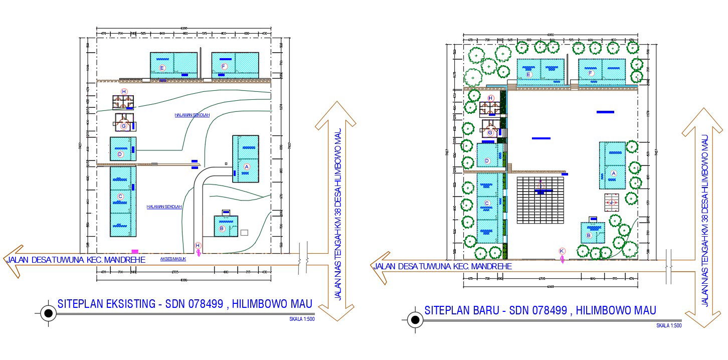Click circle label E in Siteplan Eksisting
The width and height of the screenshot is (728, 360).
[x=162, y=67]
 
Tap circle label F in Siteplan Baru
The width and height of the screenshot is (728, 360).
[x=591, y=73]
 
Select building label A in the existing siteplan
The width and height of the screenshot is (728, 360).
[x=246, y=166]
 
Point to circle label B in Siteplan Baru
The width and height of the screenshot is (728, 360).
[x=589, y=235]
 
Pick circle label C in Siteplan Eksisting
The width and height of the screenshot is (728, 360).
[x=120, y=196]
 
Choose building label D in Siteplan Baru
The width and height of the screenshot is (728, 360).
[x=487, y=161]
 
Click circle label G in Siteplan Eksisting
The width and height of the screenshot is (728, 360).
[x=123, y=126]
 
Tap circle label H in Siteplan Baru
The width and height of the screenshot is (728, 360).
[x=491, y=98]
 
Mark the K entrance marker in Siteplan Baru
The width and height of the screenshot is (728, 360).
[x=562, y=251]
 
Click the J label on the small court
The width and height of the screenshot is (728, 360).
[x=611, y=202]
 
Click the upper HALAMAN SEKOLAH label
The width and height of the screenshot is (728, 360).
[x=192, y=115]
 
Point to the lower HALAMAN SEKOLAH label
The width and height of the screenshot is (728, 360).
[x=164, y=207]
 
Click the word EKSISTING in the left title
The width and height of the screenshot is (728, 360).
[x=122, y=303]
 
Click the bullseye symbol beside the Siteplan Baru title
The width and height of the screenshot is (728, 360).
[x=415, y=319]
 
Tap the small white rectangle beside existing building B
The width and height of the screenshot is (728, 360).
[x=245, y=232]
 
